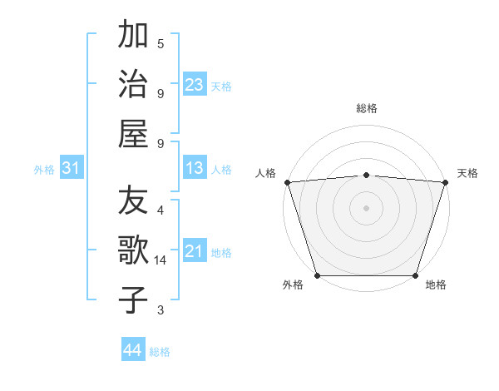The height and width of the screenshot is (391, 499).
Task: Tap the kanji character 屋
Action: [134, 133]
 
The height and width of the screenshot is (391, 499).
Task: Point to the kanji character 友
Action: [134, 200]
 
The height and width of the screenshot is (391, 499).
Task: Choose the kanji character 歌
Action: [134, 250]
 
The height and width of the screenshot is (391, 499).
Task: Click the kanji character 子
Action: [134, 299]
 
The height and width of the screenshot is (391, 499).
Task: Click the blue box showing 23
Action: [195, 84]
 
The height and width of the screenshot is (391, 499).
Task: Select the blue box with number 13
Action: [195, 169]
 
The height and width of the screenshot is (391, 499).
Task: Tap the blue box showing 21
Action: [195, 251]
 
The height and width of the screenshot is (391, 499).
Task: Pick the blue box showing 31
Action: [71, 169]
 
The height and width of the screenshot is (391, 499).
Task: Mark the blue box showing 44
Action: [133, 350]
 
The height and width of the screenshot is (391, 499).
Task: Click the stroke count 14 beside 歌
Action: [161, 260]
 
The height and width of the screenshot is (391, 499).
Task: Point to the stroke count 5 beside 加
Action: [161, 44]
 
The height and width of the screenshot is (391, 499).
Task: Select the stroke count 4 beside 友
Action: [161, 210]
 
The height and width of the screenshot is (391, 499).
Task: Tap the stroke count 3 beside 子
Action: [161, 310]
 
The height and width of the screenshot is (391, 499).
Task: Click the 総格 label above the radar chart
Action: [367, 108]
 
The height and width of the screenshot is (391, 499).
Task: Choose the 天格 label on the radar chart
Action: [467, 173]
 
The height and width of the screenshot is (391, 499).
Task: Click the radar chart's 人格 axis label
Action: [266, 173]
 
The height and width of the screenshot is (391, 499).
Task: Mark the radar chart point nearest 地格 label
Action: [416, 275]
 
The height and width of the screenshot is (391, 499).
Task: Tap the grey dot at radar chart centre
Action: [367, 207]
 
